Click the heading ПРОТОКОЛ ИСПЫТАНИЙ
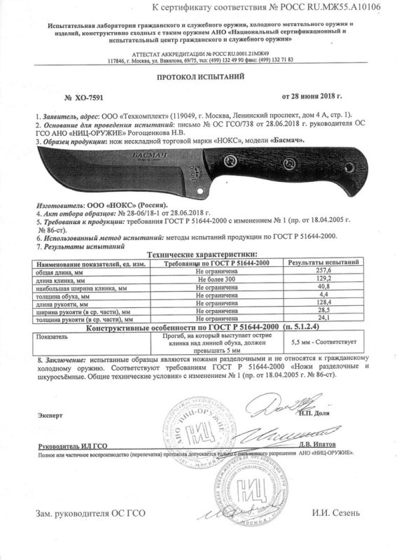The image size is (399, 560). tap(199, 80)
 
